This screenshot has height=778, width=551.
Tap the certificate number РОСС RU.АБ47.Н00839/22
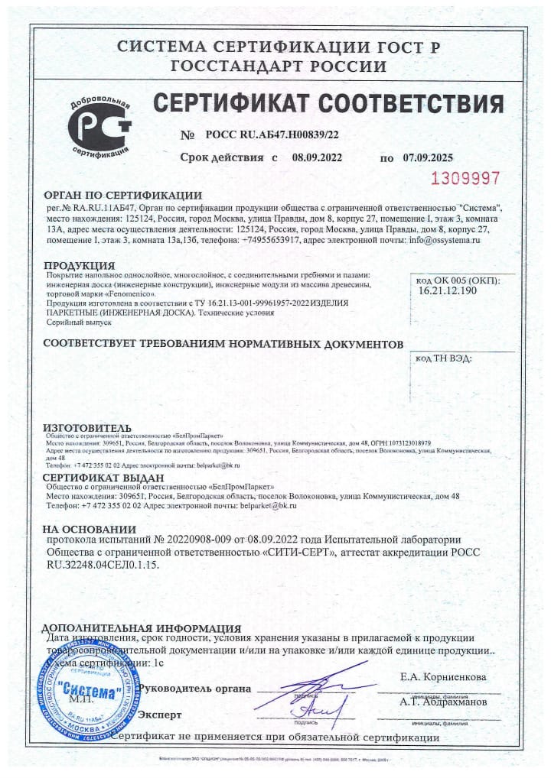[272, 135]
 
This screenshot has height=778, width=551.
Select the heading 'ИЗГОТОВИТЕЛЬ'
[86, 426]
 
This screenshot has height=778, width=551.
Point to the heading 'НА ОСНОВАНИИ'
[90, 529]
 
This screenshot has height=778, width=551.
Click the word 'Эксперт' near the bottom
[159, 715]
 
